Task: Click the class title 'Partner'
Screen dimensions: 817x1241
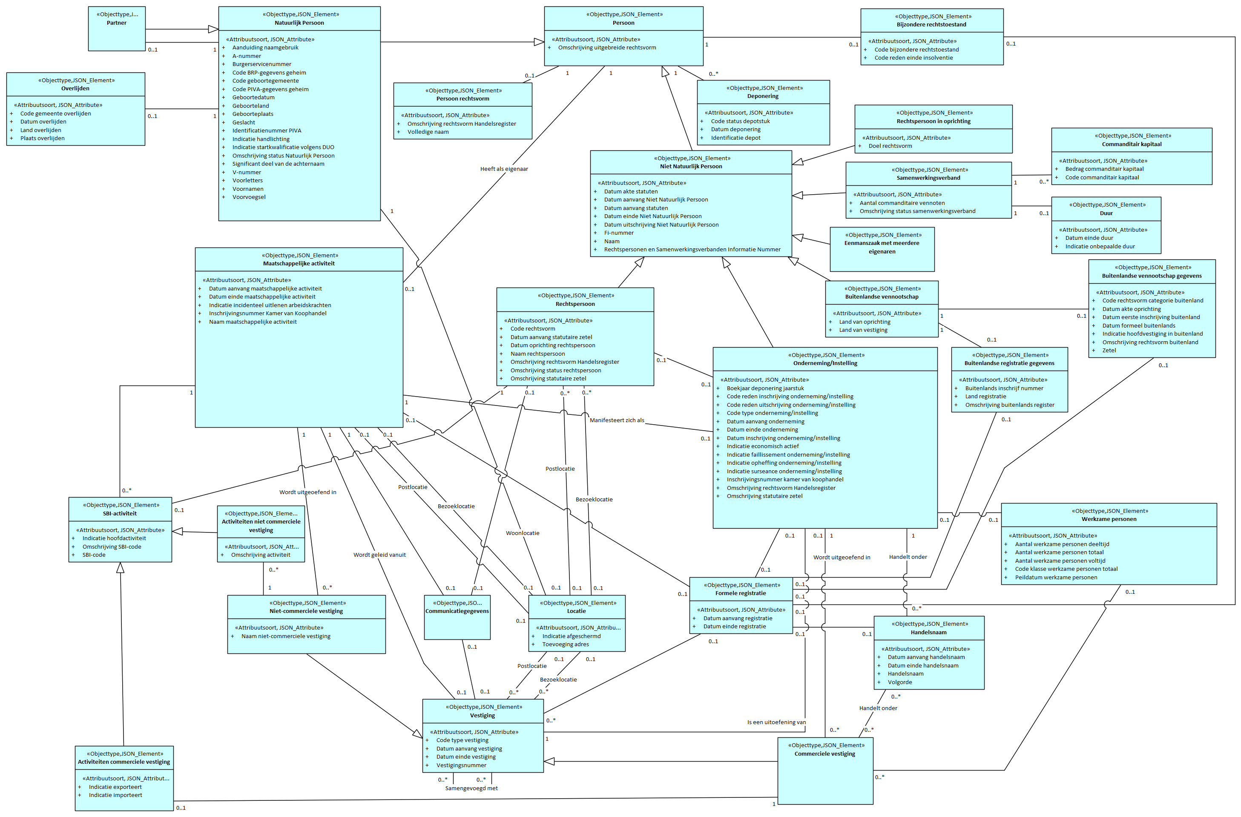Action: click(x=116, y=23)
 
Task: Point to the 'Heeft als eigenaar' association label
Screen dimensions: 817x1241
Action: click(x=504, y=169)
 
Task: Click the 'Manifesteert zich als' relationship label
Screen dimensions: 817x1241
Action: click(x=616, y=420)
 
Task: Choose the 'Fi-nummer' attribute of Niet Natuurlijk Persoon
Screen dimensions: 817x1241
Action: click(x=618, y=233)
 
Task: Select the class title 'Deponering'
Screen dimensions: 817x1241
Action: click(x=762, y=96)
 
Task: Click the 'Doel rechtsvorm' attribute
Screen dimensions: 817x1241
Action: click(x=890, y=146)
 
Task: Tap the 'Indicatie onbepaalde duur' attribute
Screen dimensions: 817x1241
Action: click(x=1100, y=247)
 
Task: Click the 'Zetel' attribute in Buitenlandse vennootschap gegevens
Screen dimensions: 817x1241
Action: click(x=1109, y=351)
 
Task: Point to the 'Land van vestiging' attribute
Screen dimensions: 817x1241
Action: click(x=863, y=330)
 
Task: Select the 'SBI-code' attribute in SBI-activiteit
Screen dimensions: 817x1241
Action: click(x=94, y=555)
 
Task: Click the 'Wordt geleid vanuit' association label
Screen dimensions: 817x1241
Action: click(x=379, y=555)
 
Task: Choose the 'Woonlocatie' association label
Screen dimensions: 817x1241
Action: click(x=523, y=533)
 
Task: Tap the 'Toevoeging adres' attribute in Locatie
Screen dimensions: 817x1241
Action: click(x=565, y=644)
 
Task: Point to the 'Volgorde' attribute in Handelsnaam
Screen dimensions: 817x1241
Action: click(x=899, y=682)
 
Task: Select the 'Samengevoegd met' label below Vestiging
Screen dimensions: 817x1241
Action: click(x=471, y=788)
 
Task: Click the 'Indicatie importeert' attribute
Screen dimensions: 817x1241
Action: click(x=115, y=795)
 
